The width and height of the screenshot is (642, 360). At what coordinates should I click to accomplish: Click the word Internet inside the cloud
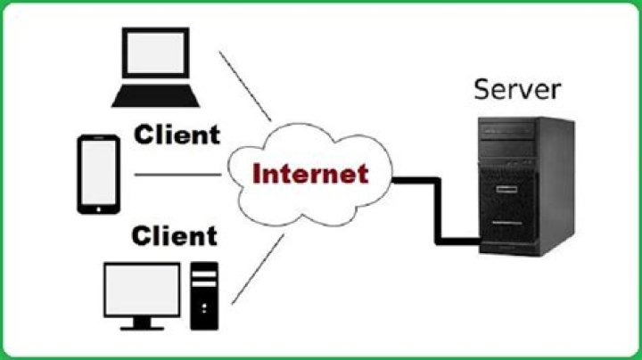point(310,173)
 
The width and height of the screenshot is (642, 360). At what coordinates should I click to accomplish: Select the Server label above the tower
point(517,89)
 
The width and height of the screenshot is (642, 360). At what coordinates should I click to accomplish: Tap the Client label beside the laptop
point(177,135)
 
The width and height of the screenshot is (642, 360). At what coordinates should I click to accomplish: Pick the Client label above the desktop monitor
point(174,236)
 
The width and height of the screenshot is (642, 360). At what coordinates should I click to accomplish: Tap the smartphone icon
point(98,175)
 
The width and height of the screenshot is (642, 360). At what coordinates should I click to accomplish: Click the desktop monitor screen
point(142,289)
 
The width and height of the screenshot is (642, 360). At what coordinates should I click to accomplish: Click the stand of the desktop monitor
point(142,323)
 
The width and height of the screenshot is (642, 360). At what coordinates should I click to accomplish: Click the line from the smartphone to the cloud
point(177,175)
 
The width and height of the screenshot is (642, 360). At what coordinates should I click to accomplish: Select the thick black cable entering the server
point(459,239)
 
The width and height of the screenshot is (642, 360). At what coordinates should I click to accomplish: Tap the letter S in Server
point(482,89)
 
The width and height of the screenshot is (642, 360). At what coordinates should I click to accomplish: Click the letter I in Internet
point(258,173)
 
